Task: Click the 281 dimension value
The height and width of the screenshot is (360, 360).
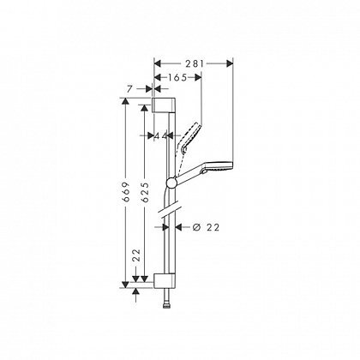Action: [195, 63]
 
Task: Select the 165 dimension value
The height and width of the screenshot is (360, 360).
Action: [177, 77]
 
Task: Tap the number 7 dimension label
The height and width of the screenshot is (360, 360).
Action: [129, 89]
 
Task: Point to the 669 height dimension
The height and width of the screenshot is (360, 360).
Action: [126, 191]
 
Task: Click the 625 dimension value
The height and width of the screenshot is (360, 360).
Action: [145, 192]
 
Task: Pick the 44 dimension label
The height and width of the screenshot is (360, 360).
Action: [160, 136]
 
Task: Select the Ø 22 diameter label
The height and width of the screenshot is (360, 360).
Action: [206, 227]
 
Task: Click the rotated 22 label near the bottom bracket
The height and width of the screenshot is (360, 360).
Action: [137, 255]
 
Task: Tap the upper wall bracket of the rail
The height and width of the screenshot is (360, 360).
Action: [163, 105]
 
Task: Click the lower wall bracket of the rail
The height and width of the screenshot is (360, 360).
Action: [165, 280]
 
